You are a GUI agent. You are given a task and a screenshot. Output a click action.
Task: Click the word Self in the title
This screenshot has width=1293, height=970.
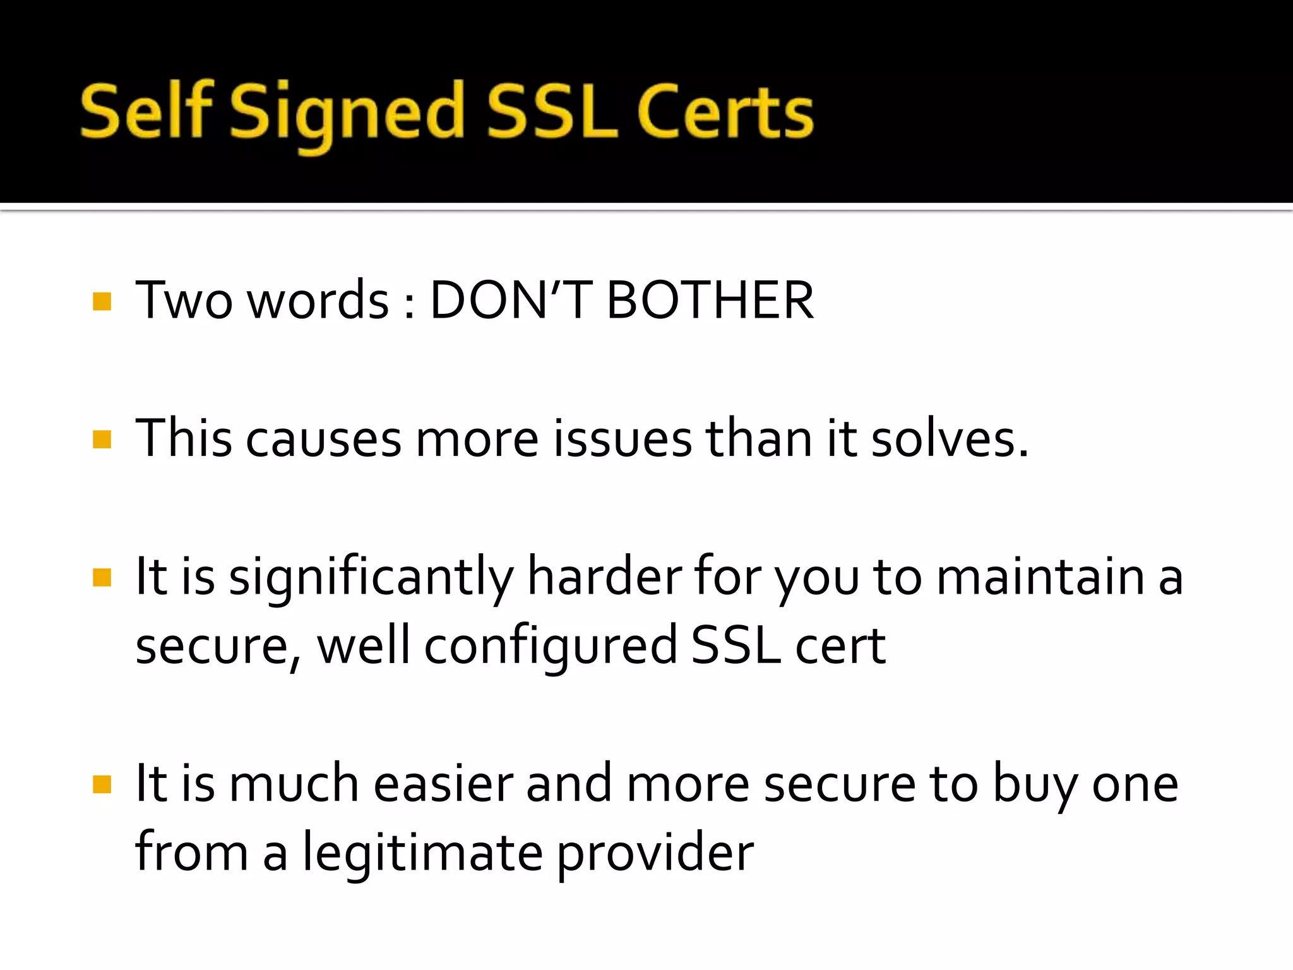[x=146, y=112]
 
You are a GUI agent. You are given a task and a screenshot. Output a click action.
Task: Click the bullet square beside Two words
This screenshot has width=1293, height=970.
[x=102, y=301]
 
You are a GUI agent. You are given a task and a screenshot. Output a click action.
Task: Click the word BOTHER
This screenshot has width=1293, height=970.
[x=710, y=301]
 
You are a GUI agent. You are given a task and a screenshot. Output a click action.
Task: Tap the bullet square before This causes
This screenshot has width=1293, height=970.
[x=102, y=439]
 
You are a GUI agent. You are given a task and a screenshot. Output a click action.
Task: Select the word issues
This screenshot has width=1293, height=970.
[x=623, y=439]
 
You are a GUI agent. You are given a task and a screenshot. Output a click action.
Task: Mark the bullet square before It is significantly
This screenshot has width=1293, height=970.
[x=102, y=577]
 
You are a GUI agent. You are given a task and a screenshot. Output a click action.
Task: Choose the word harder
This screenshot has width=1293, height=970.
[x=604, y=577]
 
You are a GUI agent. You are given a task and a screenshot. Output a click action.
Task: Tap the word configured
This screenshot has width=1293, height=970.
[x=551, y=647]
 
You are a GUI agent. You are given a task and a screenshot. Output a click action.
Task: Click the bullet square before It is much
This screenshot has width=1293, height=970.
[x=102, y=784]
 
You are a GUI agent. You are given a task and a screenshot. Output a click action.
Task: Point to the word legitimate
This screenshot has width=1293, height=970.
[x=422, y=854]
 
